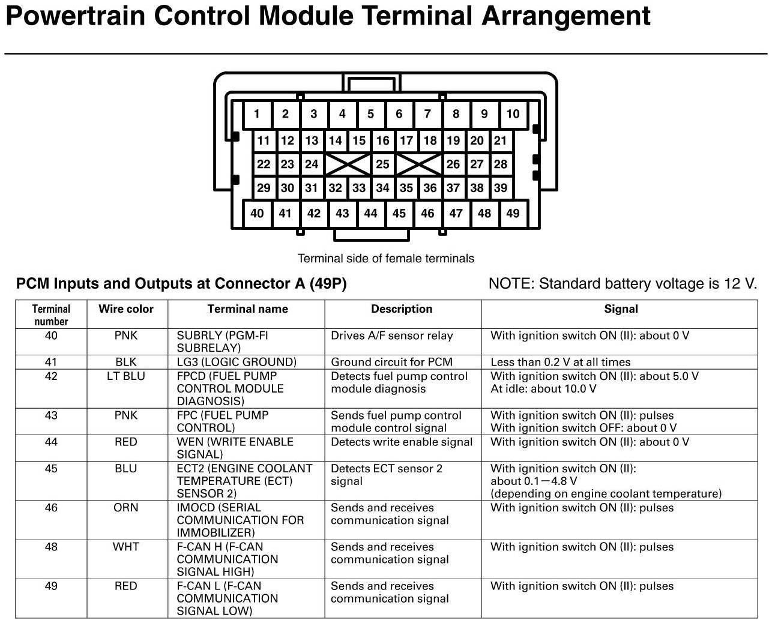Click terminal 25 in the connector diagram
click(x=382, y=164)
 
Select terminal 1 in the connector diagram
click(x=257, y=114)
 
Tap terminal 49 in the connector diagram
click(x=513, y=213)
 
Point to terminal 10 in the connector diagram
click(x=513, y=114)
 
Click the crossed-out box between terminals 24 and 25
click(x=347, y=164)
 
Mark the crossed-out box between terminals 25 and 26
click(x=418, y=164)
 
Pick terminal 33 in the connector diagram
click(x=359, y=188)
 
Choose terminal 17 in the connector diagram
click(x=406, y=140)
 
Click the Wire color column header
click(x=126, y=309)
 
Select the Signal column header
click(x=621, y=309)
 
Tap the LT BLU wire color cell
click(x=126, y=376)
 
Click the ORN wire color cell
click(x=126, y=508)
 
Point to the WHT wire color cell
click(x=126, y=547)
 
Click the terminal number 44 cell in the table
click(x=51, y=442)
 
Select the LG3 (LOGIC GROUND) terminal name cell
click(x=237, y=362)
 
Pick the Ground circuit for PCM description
click(x=391, y=362)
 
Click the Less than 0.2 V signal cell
click(x=560, y=362)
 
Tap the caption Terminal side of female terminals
click(x=386, y=259)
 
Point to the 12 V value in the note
click(x=740, y=284)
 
